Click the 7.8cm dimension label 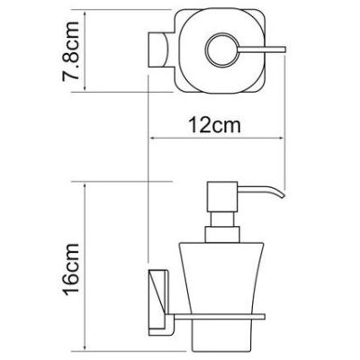coord(71,51)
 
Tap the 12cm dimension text coord(214,125)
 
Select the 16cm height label coord(71,269)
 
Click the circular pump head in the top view coord(222,49)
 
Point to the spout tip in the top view coord(284,49)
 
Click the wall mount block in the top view coord(157,49)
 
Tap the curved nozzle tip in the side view coord(281,194)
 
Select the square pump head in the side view coord(222,196)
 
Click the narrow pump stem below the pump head coord(222,220)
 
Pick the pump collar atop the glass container coord(222,235)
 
